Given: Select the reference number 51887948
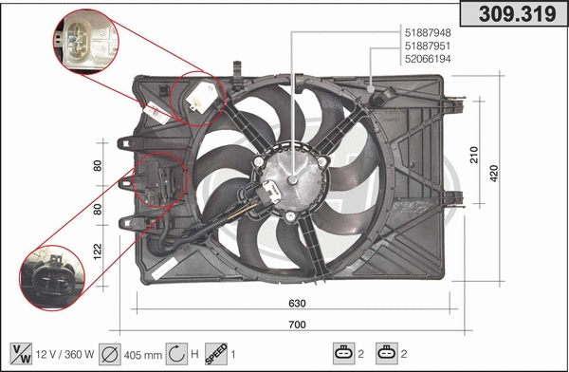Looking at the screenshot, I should coord(427,32).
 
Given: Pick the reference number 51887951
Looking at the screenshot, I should coord(427,46).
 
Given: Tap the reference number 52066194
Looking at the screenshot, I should coord(427,59).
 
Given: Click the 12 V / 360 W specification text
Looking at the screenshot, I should coord(64,354).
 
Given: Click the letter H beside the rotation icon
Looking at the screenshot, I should coord(193,354).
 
